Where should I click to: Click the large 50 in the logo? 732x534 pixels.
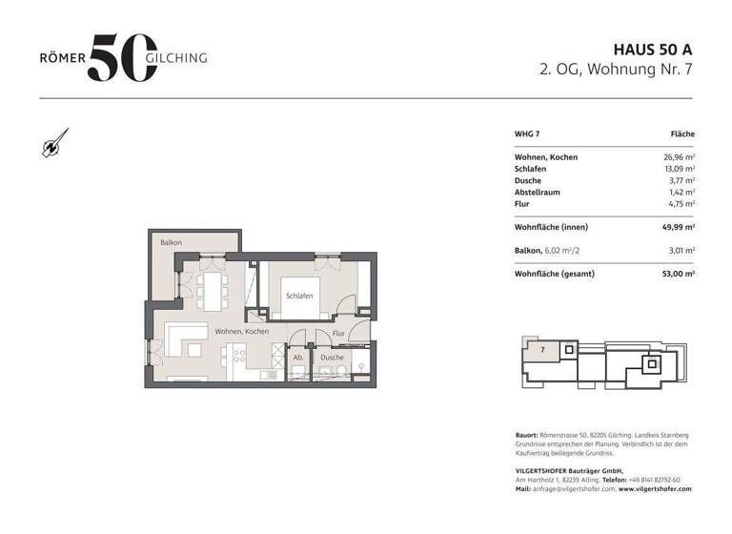click(x=123, y=57)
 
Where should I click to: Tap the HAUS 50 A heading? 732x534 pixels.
click(x=653, y=50)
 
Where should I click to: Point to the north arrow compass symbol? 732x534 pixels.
click(x=55, y=142)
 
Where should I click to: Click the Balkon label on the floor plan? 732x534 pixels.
click(x=171, y=242)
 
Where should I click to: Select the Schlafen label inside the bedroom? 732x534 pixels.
click(x=299, y=296)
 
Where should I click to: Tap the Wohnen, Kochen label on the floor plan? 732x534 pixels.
click(x=242, y=331)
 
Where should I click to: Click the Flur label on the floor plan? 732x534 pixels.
click(x=338, y=333)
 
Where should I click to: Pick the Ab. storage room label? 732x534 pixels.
click(x=298, y=358)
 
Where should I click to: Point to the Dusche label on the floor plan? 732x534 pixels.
click(x=332, y=358)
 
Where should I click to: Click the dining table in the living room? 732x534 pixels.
click(x=212, y=292)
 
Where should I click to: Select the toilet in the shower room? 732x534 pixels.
click(x=342, y=371)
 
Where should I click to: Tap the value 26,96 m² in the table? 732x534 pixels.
click(x=680, y=157)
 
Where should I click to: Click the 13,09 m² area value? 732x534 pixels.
click(x=680, y=169)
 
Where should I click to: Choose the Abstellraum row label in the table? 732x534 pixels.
click(x=538, y=192)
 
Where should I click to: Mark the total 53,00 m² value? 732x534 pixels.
click(x=679, y=274)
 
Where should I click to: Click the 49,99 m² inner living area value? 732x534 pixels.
click(x=679, y=227)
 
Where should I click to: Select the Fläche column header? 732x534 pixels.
click(x=682, y=134)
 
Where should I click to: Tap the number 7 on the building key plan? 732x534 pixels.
click(x=542, y=349)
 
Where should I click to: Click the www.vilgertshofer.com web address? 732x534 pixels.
click(x=655, y=488)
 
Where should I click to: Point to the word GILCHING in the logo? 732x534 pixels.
click(x=176, y=58)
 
